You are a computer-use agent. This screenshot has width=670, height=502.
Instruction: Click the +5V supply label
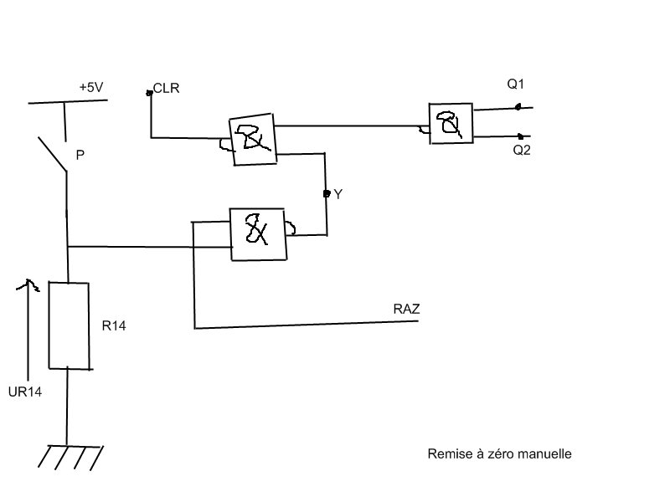tap(91, 87)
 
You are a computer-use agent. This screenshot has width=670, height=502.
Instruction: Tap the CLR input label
tap(166, 88)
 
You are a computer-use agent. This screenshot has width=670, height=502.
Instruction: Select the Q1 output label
tap(515, 85)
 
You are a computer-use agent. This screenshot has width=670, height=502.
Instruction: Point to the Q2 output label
tap(521, 150)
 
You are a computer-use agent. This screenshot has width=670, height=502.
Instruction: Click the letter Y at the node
tap(338, 194)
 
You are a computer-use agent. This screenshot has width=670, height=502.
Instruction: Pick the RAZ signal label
tap(406, 310)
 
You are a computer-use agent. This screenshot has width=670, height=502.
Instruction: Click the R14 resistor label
tap(114, 326)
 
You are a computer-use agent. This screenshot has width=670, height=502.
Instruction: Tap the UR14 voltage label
tap(25, 392)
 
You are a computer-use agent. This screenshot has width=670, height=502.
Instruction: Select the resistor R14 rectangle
tap(69, 325)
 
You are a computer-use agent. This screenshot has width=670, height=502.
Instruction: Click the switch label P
tap(80, 155)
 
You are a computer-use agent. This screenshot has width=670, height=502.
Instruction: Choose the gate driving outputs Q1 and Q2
tap(450, 124)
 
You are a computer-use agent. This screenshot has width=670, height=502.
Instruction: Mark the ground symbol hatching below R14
tap(70, 456)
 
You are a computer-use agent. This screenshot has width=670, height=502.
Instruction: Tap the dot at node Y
tap(327, 193)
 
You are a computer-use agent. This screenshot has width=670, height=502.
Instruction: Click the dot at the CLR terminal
tap(150, 92)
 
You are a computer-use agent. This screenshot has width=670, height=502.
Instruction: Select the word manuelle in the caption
tap(544, 454)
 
